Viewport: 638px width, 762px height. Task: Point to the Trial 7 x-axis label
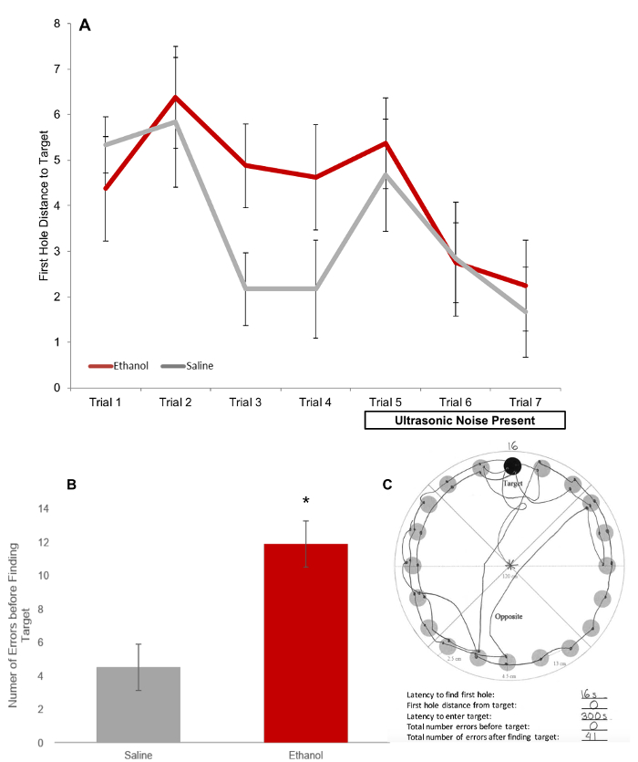click(527, 402)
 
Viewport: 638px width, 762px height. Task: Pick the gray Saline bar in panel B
click(139, 704)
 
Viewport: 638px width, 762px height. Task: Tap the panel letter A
click(85, 26)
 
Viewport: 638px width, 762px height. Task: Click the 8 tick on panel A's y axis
click(57, 24)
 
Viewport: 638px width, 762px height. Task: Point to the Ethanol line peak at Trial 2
click(175, 96)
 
